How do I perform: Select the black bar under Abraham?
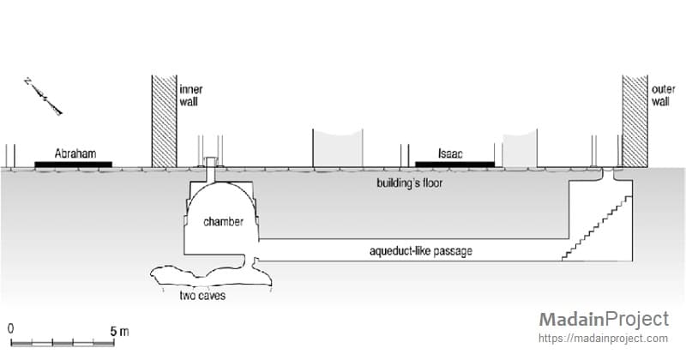coord(72,164)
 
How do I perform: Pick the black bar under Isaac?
coord(454,164)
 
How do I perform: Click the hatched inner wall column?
coord(163,121)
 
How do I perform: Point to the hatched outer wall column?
coord(635,121)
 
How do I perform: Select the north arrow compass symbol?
coord(44,95)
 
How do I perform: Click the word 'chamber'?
coord(223,222)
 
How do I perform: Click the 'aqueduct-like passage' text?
coord(419,250)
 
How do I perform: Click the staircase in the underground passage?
coord(598,226)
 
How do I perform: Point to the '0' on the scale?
coord(10,329)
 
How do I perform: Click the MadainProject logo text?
coord(603,320)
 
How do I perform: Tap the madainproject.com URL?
coord(603,339)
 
